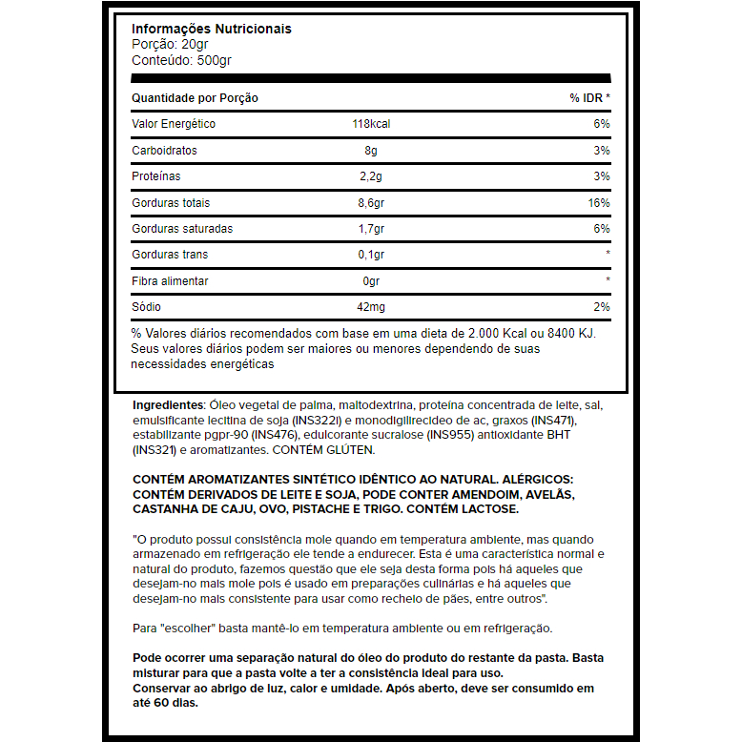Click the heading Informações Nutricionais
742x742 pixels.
[x=211, y=29]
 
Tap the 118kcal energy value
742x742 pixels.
[x=372, y=124]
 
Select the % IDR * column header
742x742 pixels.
[x=589, y=98]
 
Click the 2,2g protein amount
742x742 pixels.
[x=371, y=176]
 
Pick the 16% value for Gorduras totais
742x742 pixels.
[x=599, y=203]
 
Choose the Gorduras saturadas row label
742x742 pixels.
[x=182, y=229]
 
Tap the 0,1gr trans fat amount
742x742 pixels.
[x=371, y=255]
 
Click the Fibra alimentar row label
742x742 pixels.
[x=170, y=281]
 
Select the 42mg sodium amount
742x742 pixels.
[x=371, y=307]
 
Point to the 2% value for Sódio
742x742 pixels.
[x=602, y=307]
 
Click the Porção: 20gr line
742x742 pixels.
[x=171, y=44]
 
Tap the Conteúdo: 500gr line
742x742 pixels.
[x=181, y=60]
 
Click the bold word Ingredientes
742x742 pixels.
[x=168, y=404]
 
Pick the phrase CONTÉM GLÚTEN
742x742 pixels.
[x=323, y=449]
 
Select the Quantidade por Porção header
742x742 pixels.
[x=195, y=98]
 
